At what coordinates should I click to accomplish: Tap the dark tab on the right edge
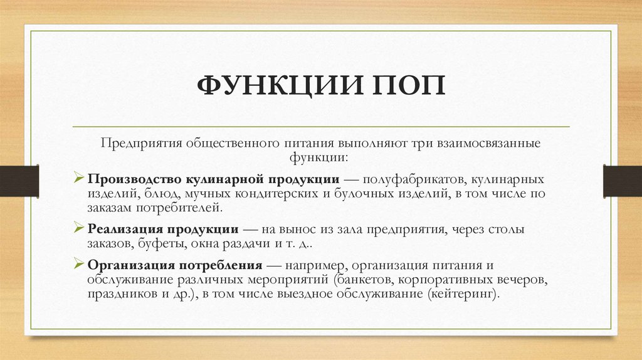[622, 179]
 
